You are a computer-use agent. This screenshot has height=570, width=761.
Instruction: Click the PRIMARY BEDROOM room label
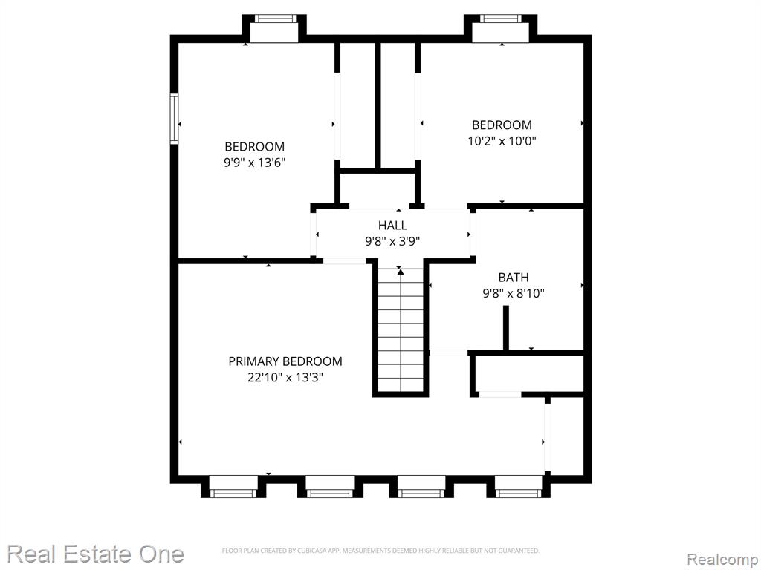(285, 361)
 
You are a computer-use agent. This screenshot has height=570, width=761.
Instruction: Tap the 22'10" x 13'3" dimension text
(285, 377)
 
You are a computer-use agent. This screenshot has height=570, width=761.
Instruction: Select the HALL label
(392, 226)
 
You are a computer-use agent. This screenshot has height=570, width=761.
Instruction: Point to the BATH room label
(514, 278)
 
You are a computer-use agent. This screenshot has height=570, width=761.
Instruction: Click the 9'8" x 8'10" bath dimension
(514, 293)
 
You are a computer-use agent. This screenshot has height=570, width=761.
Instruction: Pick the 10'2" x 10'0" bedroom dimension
(502, 141)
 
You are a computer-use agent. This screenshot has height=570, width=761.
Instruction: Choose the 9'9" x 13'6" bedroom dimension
(254, 163)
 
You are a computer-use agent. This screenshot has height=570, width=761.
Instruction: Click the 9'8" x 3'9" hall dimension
(392, 241)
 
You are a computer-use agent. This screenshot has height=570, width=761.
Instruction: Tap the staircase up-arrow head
(401, 272)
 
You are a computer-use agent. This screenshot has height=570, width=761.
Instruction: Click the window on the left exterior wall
(174, 118)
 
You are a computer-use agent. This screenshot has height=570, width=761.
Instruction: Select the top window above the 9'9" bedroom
(275, 19)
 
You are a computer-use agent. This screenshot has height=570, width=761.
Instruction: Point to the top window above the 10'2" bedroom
(501, 19)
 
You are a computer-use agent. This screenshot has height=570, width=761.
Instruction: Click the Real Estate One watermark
(96, 554)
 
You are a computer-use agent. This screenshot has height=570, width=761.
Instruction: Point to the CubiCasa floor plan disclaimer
(380, 551)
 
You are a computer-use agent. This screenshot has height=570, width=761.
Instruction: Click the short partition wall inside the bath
(505, 327)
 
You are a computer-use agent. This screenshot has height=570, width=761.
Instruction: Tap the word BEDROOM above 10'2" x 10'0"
(502, 125)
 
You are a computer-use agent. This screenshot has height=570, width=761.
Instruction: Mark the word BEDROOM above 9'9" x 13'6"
(254, 146)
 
